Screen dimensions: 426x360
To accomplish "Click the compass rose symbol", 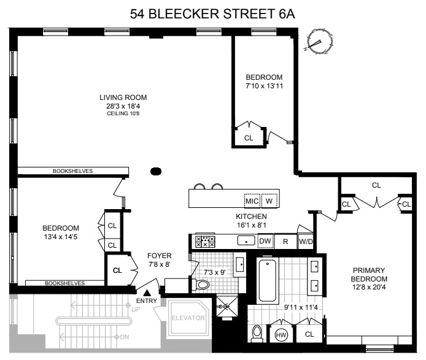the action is (x=319, y=42).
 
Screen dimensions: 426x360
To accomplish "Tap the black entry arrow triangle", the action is (x=147, y=293).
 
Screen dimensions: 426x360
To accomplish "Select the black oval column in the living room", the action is (x=156, y=171).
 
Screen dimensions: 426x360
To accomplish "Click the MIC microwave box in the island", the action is (x=252, y=201).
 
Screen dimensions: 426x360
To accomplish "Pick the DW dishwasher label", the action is (x=265, y=241).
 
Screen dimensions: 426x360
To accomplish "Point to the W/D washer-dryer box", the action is (x=306, y=241).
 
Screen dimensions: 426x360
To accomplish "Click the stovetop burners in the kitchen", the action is (x=205, y=242).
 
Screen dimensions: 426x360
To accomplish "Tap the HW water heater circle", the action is (x=281, y=335).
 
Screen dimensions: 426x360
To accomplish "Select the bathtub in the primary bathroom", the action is (x=268, y=280).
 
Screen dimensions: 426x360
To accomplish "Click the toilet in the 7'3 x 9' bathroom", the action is (x=201, y=285).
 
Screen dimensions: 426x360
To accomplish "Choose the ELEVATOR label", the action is (x=188, y=318).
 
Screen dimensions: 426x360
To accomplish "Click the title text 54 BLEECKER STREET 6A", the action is (x=212, y=14).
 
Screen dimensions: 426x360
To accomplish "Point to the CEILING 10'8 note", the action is (x=123, y=113).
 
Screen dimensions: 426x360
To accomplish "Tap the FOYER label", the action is (x=160, y=256).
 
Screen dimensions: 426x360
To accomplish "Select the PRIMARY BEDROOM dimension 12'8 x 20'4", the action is (x=369, y=287).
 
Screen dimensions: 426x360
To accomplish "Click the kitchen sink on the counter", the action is (x=246, y=240).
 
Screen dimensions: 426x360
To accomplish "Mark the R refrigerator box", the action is (x=285, y=241).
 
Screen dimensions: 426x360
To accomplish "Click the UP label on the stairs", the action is (x=136, y=310).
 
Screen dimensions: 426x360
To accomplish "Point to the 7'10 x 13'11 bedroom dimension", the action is (x=265, y=86).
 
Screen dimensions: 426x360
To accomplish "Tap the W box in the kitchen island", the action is (x=269, y=201).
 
